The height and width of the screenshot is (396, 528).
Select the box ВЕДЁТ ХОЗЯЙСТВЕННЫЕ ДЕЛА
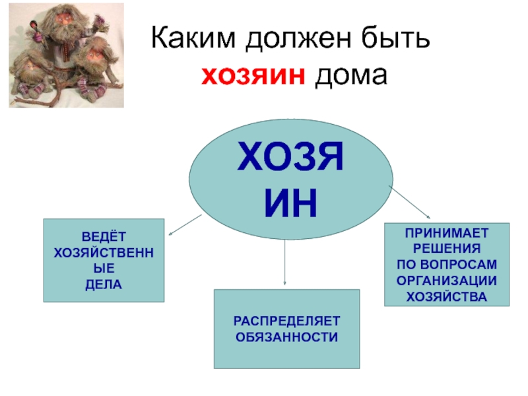pos(104,260)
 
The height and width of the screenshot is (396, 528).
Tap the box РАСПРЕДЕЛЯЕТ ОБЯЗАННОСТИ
pos(286,328)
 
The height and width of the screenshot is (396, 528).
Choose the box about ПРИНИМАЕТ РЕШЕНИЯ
pos(447,264)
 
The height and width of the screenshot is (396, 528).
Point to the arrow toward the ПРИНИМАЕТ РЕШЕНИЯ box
pos(410,202)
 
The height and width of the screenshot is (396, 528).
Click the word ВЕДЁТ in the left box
pos(104,236)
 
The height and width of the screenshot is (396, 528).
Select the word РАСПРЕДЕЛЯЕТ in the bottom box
pos(286,321)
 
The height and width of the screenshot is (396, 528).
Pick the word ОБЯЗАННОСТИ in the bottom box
pos(286,337)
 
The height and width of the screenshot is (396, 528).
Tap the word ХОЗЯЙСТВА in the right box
pos(447,296)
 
